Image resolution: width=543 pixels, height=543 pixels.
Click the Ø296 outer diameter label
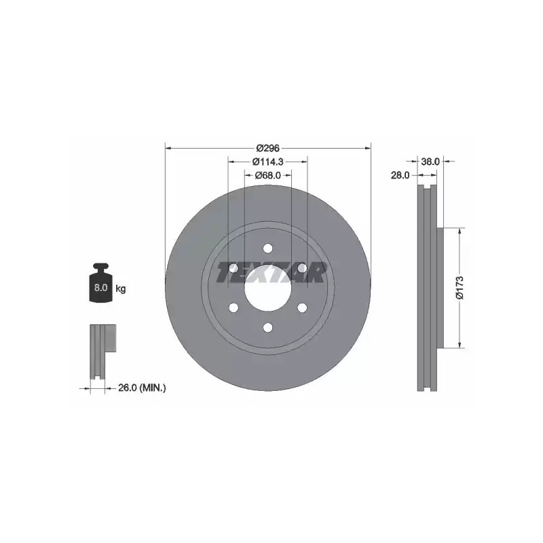[x=267, y=148]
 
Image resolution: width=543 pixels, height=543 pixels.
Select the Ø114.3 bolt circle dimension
[x=267, y=162]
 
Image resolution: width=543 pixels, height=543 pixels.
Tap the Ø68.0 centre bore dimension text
[x=267, y=175]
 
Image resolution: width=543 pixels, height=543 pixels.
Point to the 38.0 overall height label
[x=430, y=162]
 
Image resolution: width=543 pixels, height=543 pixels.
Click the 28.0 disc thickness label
[x=400, y=175]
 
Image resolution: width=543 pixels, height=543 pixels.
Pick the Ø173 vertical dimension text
[x=460, y=287]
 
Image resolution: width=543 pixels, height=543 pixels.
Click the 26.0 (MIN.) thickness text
[x=142, y=388]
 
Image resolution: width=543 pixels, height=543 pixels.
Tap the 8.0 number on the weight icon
[x=100, y=287]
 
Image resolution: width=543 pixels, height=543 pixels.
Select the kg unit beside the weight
[x=121, y=288]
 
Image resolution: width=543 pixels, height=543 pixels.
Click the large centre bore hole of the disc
[x=267, y=288]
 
